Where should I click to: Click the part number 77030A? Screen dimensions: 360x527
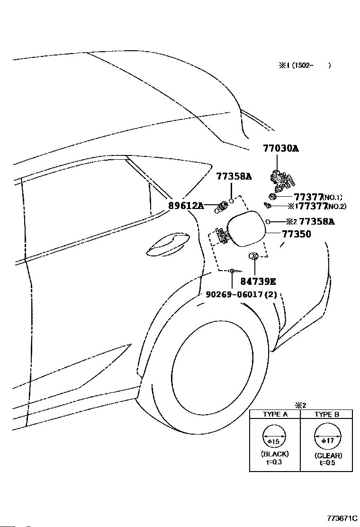click(x=281, y=148)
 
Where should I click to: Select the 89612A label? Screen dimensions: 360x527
click(x=186, y=205)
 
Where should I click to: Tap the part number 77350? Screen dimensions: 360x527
click(x=297, y=234)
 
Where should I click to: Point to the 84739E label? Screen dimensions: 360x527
click(x=258, y=282)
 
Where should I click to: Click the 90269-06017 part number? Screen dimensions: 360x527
click(x=234, y=294)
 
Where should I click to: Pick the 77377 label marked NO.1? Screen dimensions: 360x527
click(x=309, y=197)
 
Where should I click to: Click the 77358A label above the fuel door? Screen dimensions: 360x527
click(x=234, y=176)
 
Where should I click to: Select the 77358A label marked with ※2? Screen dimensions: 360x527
click(x=317, y=221)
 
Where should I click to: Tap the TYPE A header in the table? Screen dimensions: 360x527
click(x=275, y=414)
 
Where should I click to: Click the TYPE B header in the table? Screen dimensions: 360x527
click(x=327, y=414)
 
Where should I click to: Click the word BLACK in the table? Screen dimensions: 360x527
click(x=275, y=454)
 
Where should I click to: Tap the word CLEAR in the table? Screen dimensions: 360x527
click(x=328, y=455)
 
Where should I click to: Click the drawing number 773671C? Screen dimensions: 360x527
click(x=342, y=518)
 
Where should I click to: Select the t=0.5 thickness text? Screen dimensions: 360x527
click(x=327, y=463)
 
